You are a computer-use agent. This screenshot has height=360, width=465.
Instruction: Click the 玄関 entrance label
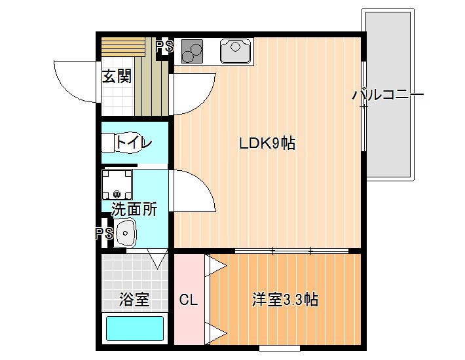pos(117,76)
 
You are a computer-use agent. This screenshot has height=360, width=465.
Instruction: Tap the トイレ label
pos(134,143)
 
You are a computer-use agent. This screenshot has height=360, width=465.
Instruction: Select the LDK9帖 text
pos(267,143)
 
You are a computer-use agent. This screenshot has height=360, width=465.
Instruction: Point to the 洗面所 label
pos(134,209)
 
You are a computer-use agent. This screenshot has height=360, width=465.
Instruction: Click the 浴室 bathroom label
pos(134,299)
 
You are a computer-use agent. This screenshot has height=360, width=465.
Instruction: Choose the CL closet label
pos(189,300)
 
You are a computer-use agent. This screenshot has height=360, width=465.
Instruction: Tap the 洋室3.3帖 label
pos(286,300)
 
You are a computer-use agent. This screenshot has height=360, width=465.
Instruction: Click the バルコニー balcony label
pos(388,95)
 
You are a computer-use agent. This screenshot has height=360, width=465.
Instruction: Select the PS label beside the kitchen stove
pos(164,46)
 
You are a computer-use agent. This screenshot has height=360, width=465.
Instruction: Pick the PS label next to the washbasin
pos(104,234)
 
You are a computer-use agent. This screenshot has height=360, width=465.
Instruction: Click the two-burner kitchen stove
pos(192,51)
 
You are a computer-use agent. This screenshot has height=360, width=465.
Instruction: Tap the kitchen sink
pos(236,50)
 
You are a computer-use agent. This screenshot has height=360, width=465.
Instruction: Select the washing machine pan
pos(117,185)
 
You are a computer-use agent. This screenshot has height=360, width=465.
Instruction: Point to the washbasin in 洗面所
pos(125,233)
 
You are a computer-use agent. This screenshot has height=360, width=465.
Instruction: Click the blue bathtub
pos(135,329)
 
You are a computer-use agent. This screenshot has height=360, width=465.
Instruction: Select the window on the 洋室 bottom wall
pos(280,348)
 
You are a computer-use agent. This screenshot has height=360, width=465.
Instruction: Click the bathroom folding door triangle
pos(158,259)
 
